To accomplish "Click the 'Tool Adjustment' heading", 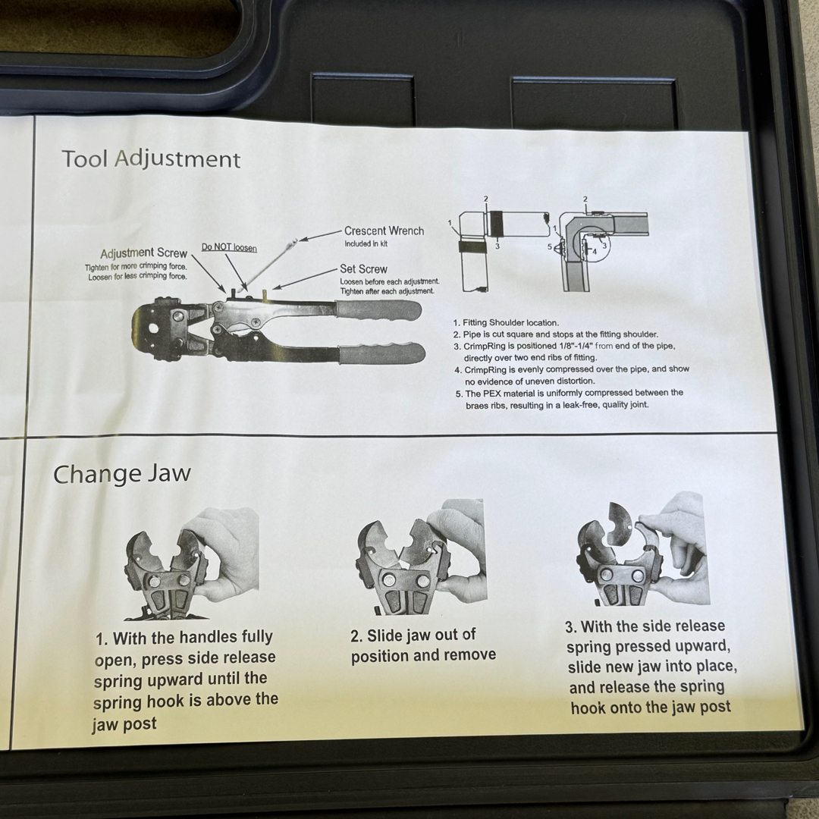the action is point(151,159).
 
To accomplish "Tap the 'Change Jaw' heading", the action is point(121,474).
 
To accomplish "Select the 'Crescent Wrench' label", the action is point(384,231).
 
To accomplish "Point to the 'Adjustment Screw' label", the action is point(143,253).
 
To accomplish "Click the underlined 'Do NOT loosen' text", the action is point(229,247).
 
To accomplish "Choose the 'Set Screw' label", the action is point(363,269).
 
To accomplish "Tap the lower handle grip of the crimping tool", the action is point(381,353).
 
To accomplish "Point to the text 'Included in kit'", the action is point(366,244).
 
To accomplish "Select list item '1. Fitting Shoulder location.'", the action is point(506,323).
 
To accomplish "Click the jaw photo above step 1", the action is point(192,563).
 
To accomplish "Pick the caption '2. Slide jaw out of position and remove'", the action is point(422,645).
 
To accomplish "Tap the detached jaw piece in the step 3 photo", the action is point(620,523).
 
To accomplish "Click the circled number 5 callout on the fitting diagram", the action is point(550,246).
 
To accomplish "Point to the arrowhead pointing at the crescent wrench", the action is point(303,240).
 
